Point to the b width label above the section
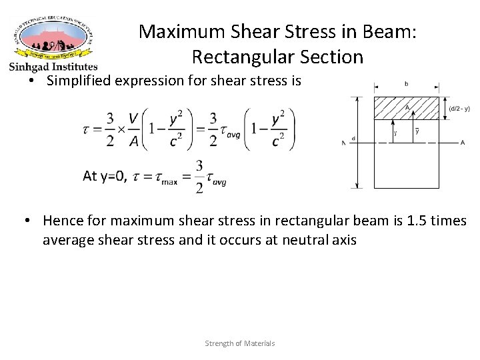pyautogui.click(x=406, y=84)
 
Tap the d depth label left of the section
pyautogui.click(x=353, y=139)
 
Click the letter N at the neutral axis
pyautogui.click(x=343, y=143)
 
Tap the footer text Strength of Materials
pyautogui.click(x=239, y=343)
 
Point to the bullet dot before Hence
pyautogui.click(x=29, y=221)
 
